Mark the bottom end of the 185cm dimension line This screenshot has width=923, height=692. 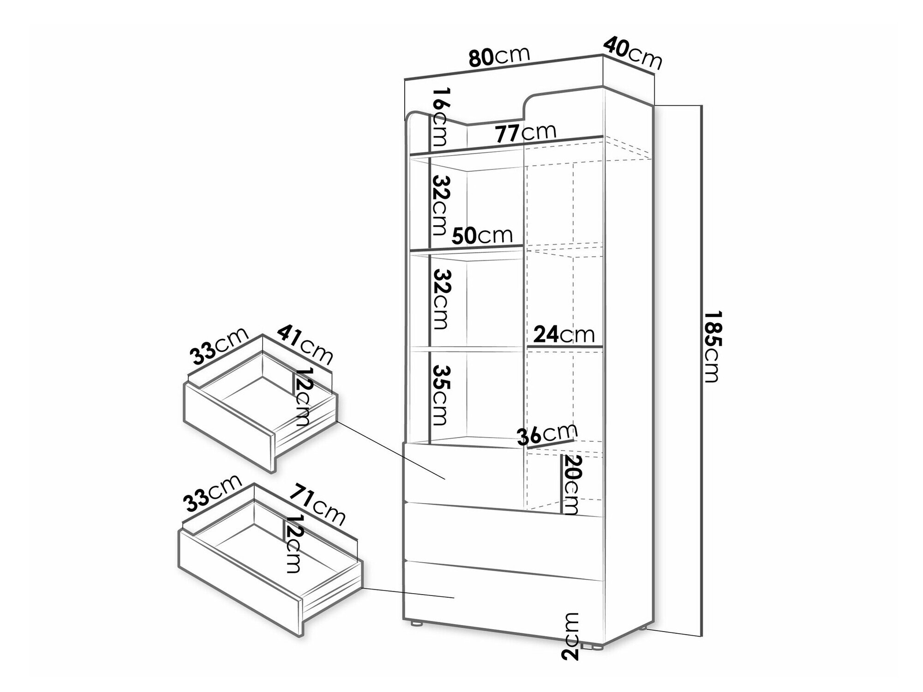pos(701,636)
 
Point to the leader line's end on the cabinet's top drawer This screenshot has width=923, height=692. pos(444,479)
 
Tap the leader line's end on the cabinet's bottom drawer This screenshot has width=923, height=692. pos(455,597)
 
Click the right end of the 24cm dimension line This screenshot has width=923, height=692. pos(603,346)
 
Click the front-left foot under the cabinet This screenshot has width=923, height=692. pos(418,623)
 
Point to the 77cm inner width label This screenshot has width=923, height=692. pos(526,133)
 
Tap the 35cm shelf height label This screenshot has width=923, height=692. pos(439,395)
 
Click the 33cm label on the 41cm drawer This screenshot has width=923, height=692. pos(219,346)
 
